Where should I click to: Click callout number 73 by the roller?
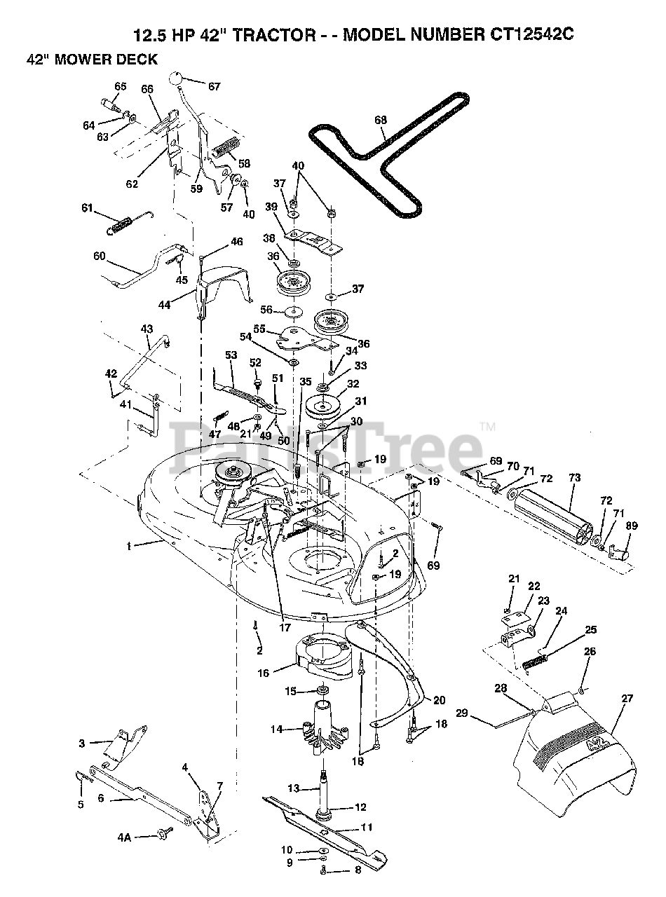pyautogui.click(x=575, y=478)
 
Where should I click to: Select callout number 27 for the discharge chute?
pyautogui.click(x=627, y=698)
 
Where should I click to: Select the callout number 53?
pyautogui.click(x=231, y=356)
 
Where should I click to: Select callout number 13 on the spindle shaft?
pyautogui.click(x=294, y=788)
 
